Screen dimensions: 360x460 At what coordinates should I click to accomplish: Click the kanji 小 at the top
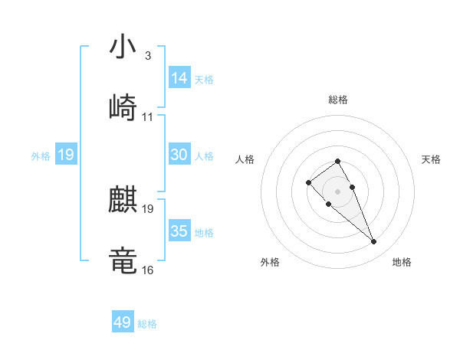[123, 48]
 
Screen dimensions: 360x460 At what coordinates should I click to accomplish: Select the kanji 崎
[123, 108]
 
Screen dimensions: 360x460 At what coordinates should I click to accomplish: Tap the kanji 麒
[123, 201]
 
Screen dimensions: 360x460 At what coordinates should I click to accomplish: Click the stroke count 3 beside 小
[147, 56]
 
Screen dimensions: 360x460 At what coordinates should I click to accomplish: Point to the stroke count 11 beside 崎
[148, 116]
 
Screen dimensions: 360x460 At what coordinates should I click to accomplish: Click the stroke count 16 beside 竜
[148, 270]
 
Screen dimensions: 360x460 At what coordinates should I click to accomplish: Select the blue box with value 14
[179, 78]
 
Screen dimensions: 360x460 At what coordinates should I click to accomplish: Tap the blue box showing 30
[179, 155]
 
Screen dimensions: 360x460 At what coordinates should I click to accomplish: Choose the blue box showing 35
[179, 231]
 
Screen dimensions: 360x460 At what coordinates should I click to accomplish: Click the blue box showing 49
[123, 322]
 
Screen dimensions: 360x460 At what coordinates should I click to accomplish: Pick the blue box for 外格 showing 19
[66, 155]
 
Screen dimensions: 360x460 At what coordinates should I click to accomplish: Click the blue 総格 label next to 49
[147, 324]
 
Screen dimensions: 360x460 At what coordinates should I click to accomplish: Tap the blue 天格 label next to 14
[204, 79]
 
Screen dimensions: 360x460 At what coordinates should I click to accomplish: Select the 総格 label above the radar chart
[338, 100]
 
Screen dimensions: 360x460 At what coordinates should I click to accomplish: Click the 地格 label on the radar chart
[402, 262]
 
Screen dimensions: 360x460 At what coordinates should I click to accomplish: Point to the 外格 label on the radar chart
[270, 262]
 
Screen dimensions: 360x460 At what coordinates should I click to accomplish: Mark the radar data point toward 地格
[374, 242]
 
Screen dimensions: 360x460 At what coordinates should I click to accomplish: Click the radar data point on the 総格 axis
[338, 161]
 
